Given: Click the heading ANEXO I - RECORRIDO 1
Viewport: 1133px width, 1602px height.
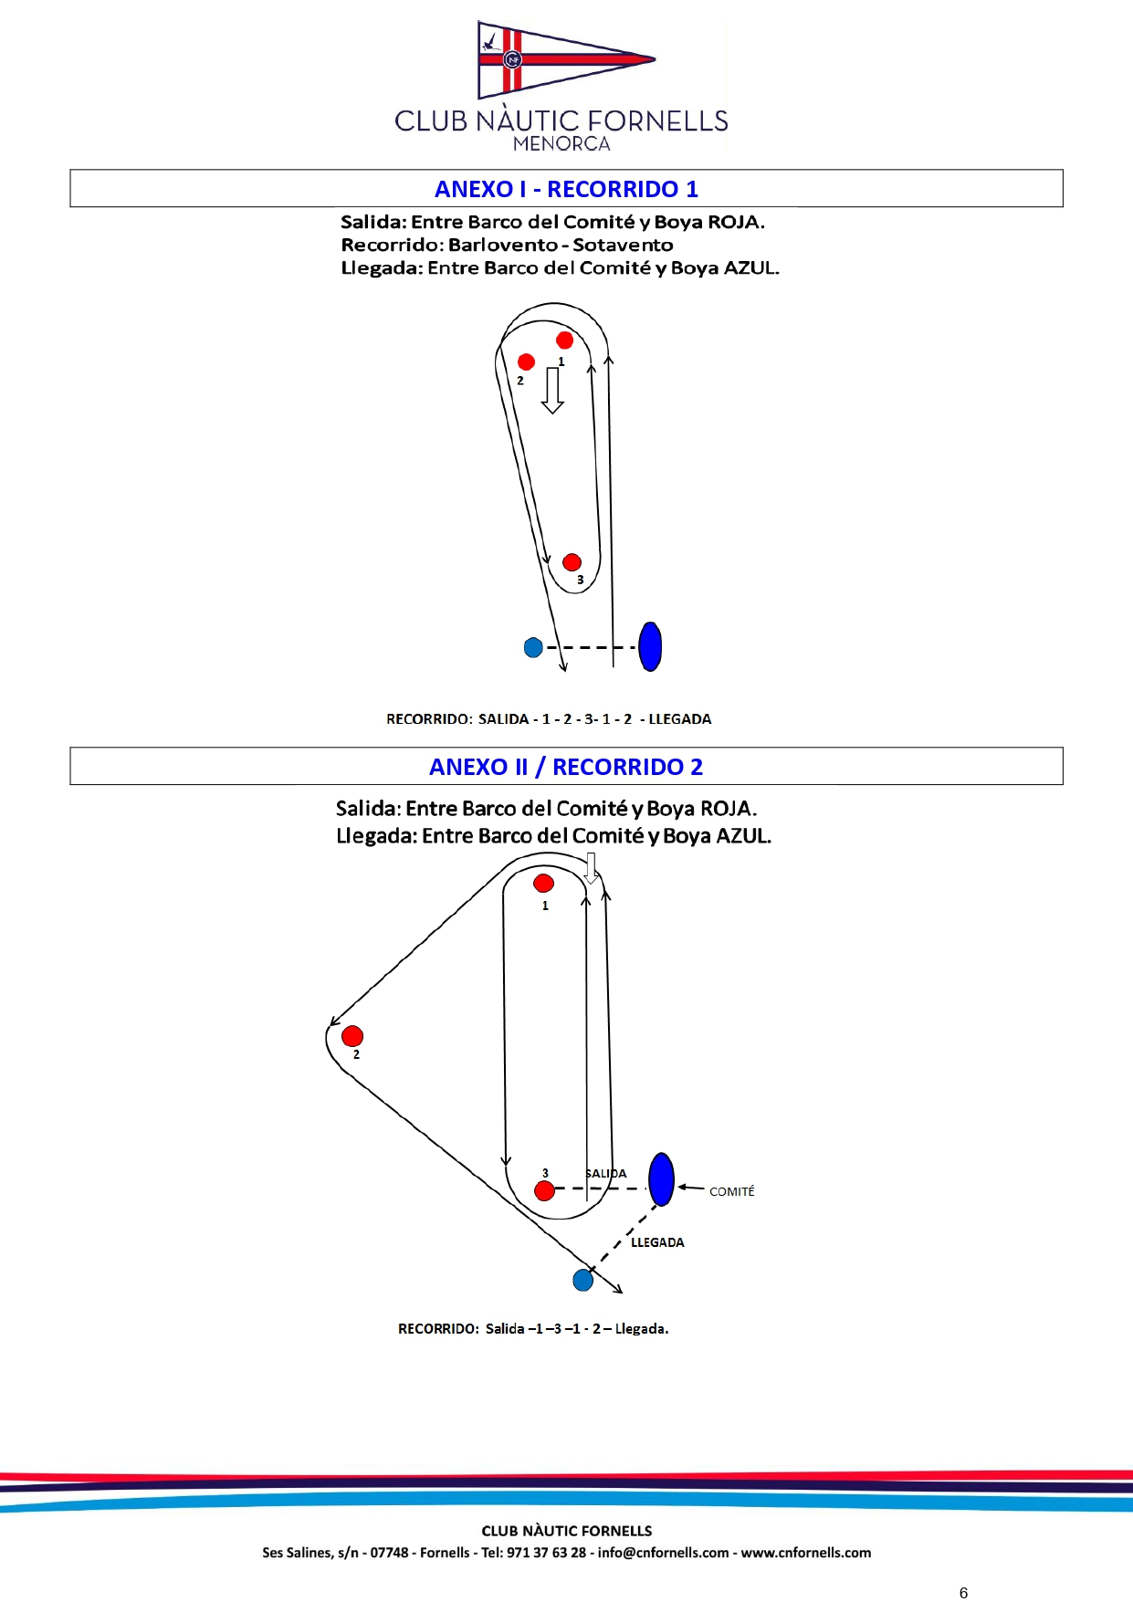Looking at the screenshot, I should coord(566,189).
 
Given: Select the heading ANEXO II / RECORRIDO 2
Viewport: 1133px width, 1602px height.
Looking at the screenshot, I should coord(566,767).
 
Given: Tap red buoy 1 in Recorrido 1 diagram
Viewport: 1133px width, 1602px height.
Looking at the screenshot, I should coord(564,340).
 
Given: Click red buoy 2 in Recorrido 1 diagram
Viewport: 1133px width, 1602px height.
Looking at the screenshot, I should coord(526,362).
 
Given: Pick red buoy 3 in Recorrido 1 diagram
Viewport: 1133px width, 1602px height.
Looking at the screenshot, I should coord(572,562).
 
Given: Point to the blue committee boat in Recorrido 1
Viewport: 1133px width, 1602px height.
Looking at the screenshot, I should coord(650,646).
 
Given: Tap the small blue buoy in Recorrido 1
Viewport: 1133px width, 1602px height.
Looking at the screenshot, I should coord(533,647).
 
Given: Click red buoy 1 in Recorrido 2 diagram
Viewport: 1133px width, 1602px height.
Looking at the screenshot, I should coord(543,883).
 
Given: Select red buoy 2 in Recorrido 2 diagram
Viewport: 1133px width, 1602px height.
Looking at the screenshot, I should coord(352,1036).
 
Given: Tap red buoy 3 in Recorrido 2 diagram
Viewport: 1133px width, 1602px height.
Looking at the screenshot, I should coord(544,1190).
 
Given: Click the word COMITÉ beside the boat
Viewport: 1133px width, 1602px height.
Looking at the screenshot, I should coord(731,1191).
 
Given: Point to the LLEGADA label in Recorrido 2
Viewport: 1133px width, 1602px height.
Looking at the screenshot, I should coord(657,1242).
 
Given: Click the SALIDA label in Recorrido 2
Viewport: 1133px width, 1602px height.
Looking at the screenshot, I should coord(606,1174).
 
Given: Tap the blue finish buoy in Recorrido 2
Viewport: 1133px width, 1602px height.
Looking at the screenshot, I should coord(582,1280).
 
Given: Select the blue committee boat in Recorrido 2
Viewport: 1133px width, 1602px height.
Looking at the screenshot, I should coord(661,1178).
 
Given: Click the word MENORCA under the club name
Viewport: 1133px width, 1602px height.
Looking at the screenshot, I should coord(561,144).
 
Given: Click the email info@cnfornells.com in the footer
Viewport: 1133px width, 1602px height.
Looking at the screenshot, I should coord(663,1553).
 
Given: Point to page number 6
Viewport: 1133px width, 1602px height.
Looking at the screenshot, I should coord(963,1592).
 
